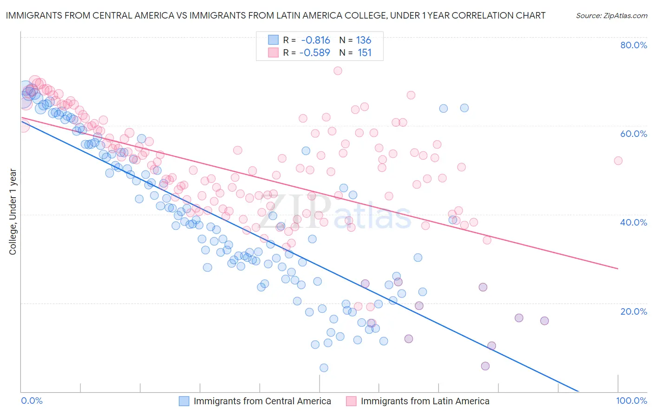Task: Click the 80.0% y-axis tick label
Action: click(x=633, y=45)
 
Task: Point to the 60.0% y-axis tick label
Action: click(x=633, y=134)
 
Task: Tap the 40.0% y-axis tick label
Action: click(x=633, y=222)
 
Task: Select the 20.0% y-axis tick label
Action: click(x=633, y=311)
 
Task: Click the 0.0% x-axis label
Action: click(x=32, y=401)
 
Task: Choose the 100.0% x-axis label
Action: click(x=631, y=401)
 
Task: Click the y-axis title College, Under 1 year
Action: click(x=13, y=211)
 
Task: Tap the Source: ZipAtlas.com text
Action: click(x=611, y=15)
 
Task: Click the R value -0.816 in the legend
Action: click(x=315, y=40)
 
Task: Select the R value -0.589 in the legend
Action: click(x=314, y=52)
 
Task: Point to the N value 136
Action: click(x=364, y=40)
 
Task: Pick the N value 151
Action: click(x=365, y=52)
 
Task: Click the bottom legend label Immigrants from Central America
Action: click(x=262, y=401)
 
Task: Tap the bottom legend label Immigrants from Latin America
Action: click(x=424, y=401)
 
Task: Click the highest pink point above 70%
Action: click(x=338, y=71)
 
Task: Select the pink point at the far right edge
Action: click(x=618, y=161)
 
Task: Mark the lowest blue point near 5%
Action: click(x=324, y=368)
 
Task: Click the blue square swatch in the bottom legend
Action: click(x=184, y=401)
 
